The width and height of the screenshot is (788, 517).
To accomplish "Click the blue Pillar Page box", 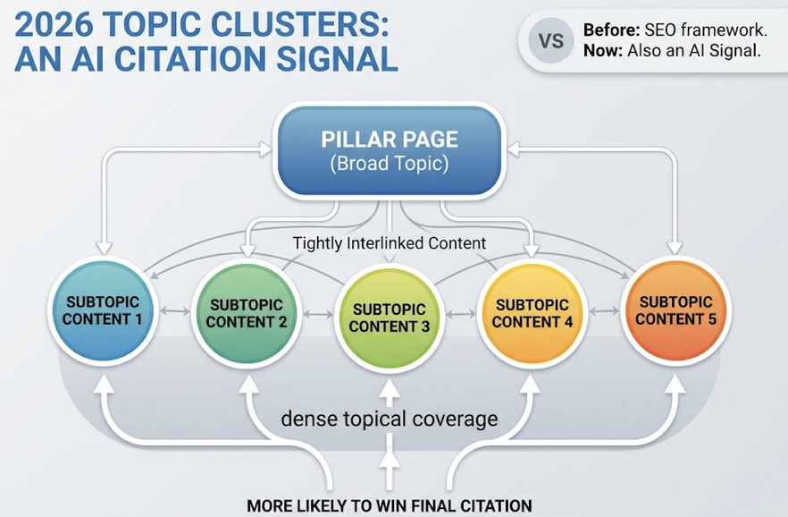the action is pyautogui.click(x=390, y=151).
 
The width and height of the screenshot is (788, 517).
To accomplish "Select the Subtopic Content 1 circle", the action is pyautogui.click(x=103, y=309).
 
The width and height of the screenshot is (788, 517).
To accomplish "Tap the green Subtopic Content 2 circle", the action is pyautogui.click(x=247, y=314).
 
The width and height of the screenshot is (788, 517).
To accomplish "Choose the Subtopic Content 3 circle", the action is pyautogui.click(x=390, y=318).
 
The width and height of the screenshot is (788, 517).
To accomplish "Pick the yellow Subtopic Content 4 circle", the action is pyautogui.click(x=532, y=314).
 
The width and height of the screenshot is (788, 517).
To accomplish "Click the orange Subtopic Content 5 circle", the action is pyautogui.click(x=675, y=309).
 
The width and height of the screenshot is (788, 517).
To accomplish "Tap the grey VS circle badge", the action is pyautogui.click(x=550, y=41).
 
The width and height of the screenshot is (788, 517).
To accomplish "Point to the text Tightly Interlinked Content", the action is pyautogui.click(x=390, y=243).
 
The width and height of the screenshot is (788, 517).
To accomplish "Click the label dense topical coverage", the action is pyautogui.click(x=390, y=419).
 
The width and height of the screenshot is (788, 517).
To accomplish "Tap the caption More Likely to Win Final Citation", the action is pyautogui.click(x=390, y=505).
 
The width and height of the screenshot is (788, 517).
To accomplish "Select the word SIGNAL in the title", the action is pyautogui.click(x=337, y=58).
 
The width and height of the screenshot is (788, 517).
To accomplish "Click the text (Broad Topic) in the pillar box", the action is pyautogui.click(x=390, y=164).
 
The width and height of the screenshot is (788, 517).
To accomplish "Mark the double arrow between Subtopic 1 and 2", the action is pyautogui.click(x=175, y=312).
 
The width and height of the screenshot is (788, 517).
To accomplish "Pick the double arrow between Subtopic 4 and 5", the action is pyautogui.click(x=604, y=312).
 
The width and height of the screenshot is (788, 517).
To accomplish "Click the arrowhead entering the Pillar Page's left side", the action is pyautogui.click(x=265, y=149).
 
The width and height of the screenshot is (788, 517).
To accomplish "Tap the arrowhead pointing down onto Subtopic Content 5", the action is pyautogui.click(x=675, y=248).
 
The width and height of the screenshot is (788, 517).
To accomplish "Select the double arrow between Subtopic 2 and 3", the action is pyautogui.click(x=318, y=316).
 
